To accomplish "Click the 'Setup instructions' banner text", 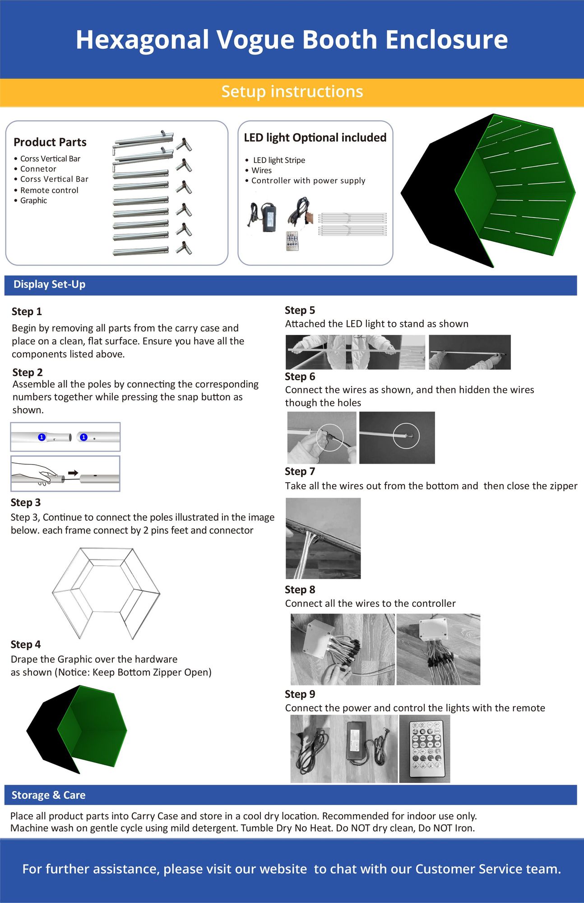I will click(x=292, y=92).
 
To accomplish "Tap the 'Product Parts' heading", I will click(x=50, y=142).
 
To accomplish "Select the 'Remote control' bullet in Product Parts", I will click(x=49, y=191).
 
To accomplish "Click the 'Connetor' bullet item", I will click(x=38, y=169).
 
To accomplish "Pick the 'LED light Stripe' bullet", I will click(x=278, y=160).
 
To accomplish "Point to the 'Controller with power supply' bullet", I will click(x=308, y=181).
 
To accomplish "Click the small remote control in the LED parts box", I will click(x=292, y=241).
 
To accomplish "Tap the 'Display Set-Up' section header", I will click(x=49, y=284).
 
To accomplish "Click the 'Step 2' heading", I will click(x=28, y=372).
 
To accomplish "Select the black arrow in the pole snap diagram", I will click(x=73, y=473).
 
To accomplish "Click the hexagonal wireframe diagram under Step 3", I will click(x=106, y=592).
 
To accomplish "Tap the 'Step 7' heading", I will click(x=300, y=471).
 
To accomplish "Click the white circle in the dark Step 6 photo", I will click(x=406, y=436).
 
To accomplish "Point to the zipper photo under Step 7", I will click(x=323, y=538).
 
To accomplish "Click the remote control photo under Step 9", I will click(x=424, y=749).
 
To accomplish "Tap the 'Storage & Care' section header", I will click(x=48, y=795).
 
